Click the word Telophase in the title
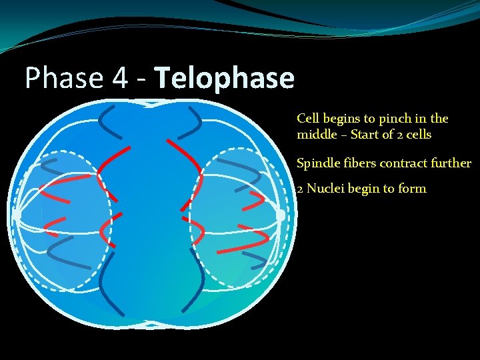pyautogui.click(x=225, y=79)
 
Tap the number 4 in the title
pyautogui.click(x=120, y=79)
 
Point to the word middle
pyautogui.click(x=317, y=135)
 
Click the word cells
pyautogui.click(x=417, y=135)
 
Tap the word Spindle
pyautogui.click(x=317, y=163)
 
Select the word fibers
pyautogui.click(x=359, y=163)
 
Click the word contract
pyautogui.click(x=403, y=163)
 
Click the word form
pyautogui.click(x=413, y=189)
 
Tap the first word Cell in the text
pyautogui.click(x=308, y=119)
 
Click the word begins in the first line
pyautogui.click(x=342, y=119)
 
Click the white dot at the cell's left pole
pyautogui.click(x=17, y=215)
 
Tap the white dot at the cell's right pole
pyautogui.click(x=281, y=215)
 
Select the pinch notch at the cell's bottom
pyautogui.click(x=149, y=326)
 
